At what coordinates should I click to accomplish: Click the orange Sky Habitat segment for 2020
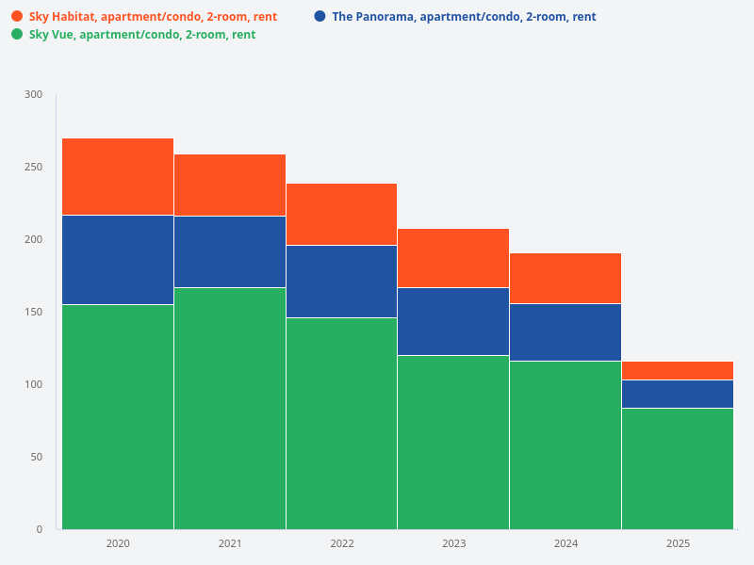coord(118,177)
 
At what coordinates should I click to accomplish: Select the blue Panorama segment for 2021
coord(230,251)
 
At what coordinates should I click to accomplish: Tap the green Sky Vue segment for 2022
coord(341,423)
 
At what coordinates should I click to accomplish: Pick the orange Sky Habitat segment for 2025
coord(678,370)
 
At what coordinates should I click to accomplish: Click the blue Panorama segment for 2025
coord(678,394)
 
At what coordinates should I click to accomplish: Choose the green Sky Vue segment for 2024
coord(565,444)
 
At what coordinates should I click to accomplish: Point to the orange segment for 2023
coord(453,258)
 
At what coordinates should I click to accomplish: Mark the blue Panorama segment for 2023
coord(453,321)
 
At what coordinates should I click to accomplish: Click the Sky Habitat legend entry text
coord(153,17)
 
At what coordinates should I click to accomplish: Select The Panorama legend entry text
coord(464,17)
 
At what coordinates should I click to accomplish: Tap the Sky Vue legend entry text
coord(142,35)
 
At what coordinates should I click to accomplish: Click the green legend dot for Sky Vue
coord(17,34)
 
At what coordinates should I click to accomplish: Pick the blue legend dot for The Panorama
coord(320,16)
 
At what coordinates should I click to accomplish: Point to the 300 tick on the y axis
coord(34,94)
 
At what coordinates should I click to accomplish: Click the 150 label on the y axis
coord(34,312)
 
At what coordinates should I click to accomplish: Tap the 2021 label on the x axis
coord(230,543)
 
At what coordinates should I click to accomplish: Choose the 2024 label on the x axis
coord(565,543)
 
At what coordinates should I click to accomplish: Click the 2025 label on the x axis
coord(678,543)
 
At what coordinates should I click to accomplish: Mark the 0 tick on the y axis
coord(40,529)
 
